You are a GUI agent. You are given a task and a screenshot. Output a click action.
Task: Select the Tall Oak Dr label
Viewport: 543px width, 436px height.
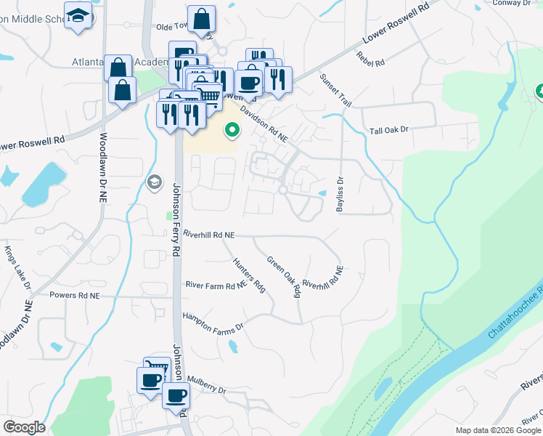point(390,129)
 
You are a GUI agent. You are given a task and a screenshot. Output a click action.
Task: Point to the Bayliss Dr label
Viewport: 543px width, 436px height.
point(339,194)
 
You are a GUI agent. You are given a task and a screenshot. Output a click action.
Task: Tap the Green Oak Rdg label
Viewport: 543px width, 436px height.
point(284,277)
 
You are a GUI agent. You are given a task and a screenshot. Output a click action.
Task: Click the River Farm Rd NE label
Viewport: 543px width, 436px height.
point(216,286)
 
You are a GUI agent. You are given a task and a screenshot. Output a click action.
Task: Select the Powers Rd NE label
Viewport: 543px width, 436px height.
point(74,296)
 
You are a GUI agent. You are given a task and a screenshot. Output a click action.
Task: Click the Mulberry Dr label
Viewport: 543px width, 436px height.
point(207,384)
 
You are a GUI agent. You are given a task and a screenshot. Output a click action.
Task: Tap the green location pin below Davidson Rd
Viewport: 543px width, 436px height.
point(232,130)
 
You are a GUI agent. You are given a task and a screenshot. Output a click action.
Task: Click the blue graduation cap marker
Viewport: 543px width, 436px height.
point(78,15)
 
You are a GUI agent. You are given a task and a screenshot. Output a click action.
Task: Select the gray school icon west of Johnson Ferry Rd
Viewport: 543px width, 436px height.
point(153,182)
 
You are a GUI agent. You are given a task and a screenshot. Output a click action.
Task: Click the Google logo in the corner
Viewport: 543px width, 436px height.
point(24,427)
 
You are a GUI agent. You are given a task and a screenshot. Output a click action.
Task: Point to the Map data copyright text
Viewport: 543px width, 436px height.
point(498,430)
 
